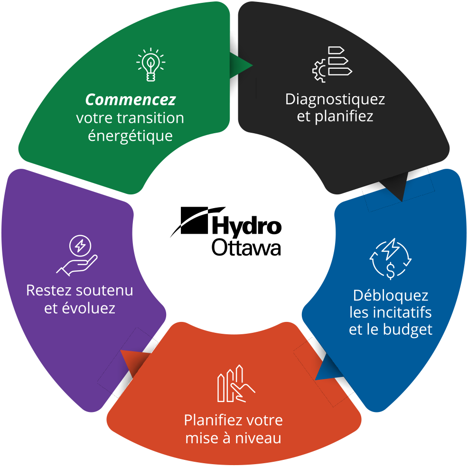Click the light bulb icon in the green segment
(150, 64)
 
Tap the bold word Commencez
(130, 100)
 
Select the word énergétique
(130, 136)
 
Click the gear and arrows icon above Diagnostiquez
(332, 64)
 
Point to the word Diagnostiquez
(335, 100)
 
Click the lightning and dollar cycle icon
(391, 259)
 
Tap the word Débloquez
(391, 296)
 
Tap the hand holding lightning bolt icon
(77, 256)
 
